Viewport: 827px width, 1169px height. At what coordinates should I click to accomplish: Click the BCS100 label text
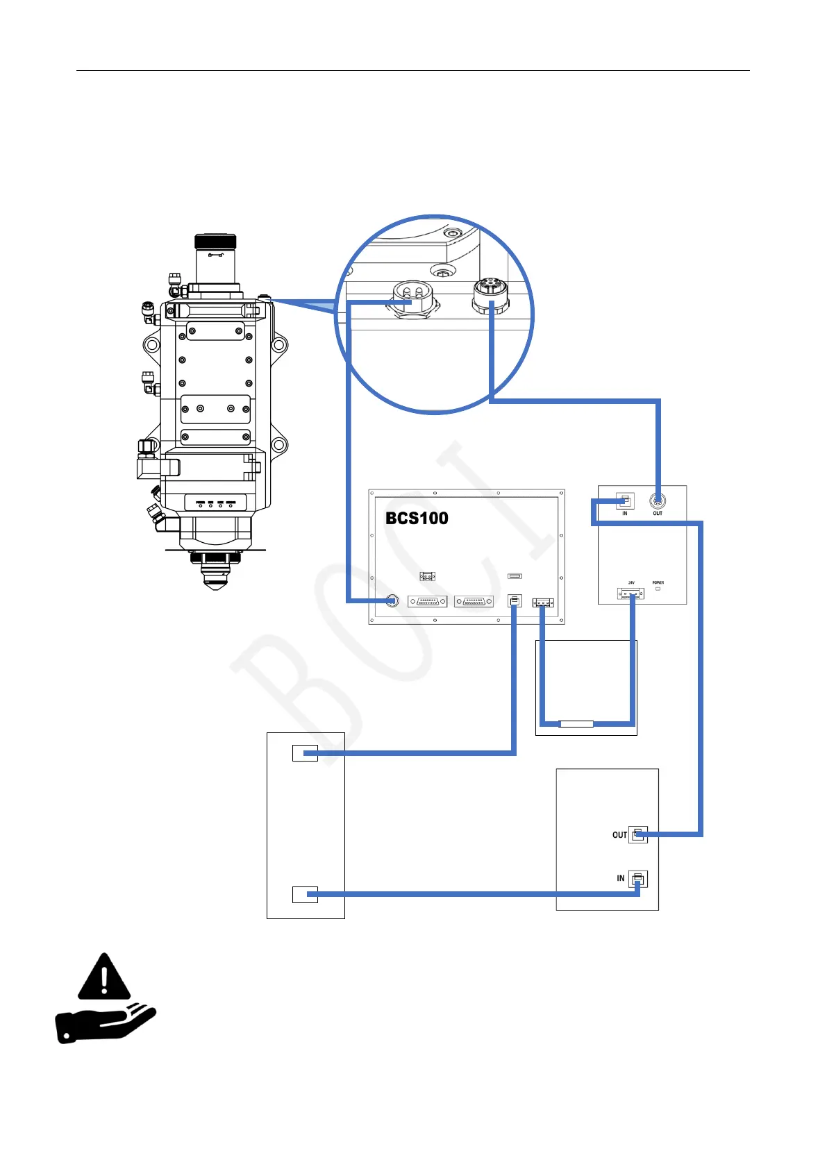click(x=417, y=518)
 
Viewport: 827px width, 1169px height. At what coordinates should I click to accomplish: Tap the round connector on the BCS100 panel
click(x=392, y=601)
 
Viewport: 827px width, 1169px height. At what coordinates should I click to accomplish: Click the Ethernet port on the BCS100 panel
click(x=515, y=600)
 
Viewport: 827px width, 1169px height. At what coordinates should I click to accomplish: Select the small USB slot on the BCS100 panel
click(x=515, y=576)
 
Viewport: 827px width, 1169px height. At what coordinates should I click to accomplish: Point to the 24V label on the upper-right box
click(x=631, y=582)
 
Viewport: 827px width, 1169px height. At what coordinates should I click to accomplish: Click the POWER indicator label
click(x=658, y=582)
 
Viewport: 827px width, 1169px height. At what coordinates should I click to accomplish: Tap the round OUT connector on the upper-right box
click(x=657, y=501)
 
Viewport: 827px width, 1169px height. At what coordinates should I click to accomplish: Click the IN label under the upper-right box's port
click(x=625, y=514)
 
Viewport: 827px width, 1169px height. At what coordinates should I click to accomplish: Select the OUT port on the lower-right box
click(x=638, y=834)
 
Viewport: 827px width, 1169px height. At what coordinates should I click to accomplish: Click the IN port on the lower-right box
click(x=638, y=880)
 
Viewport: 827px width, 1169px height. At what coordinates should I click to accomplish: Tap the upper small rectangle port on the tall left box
click(x=305, y=752)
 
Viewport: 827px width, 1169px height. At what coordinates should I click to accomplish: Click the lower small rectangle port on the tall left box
click(x=305, y=894)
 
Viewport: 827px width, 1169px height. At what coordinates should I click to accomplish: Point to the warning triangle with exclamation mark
click(x=104, y=977)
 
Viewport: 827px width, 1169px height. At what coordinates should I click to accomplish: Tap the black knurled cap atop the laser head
click(x=215, y=242)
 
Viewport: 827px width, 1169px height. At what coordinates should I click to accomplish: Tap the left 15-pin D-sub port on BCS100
click(x=427, y=602)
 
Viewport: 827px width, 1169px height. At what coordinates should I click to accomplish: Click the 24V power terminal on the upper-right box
click(x=630, y=594)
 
